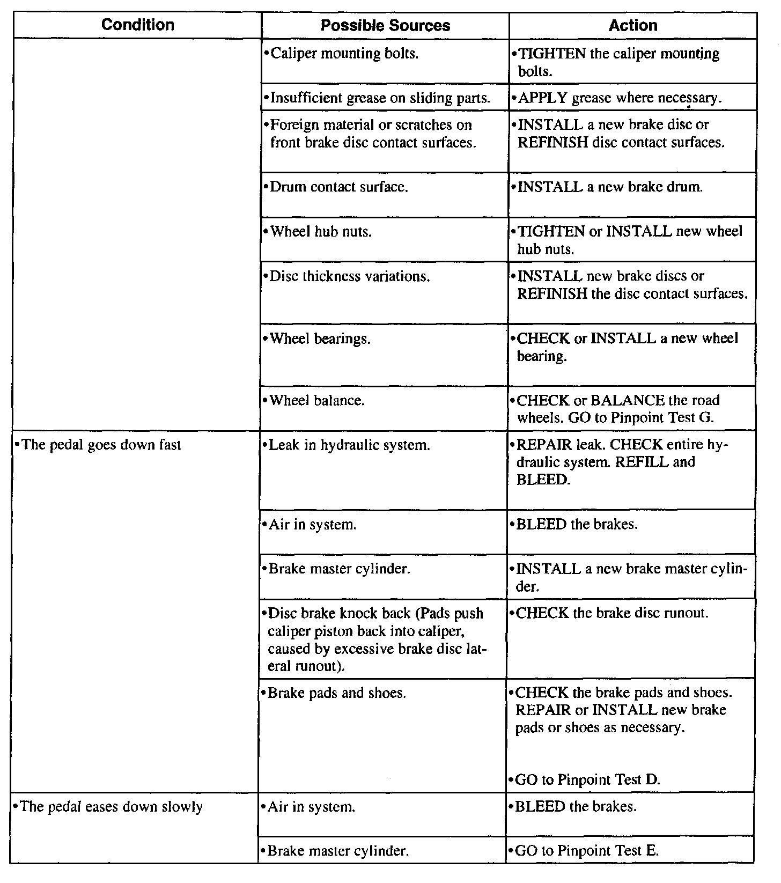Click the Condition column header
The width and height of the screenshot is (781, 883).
coord(138,25)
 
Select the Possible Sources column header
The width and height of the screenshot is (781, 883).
coord(385,25)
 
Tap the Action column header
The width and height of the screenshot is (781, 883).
coord(633,25)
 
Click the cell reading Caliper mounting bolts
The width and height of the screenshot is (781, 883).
coord(345,54)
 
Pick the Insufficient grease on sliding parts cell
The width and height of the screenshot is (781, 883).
coord(380,98)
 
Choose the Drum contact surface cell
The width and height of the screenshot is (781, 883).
coord(339,187)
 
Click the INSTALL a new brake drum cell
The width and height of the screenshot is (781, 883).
coord(609,187)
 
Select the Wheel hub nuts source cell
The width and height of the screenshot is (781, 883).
coord(321,232)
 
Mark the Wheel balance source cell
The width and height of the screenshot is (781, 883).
coord(318,400)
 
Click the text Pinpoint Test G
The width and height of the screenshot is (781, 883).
coord(661,417)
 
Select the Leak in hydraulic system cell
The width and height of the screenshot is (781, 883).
coord(349,445)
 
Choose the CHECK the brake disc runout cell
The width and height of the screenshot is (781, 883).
coord(611,613)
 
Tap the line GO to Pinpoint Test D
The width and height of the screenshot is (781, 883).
coord(587,779)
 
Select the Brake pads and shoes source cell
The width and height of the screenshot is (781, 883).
coord(337,693)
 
